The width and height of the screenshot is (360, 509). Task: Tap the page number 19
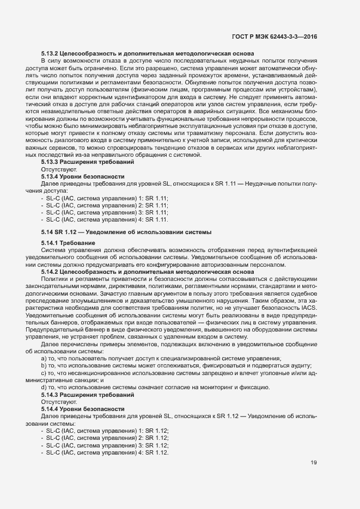click(314, 463)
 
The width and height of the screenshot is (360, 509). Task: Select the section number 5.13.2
click(51, 53)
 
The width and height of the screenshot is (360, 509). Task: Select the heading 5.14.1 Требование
click(68, 242)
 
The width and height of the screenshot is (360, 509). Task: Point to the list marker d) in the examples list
click(44, 387)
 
